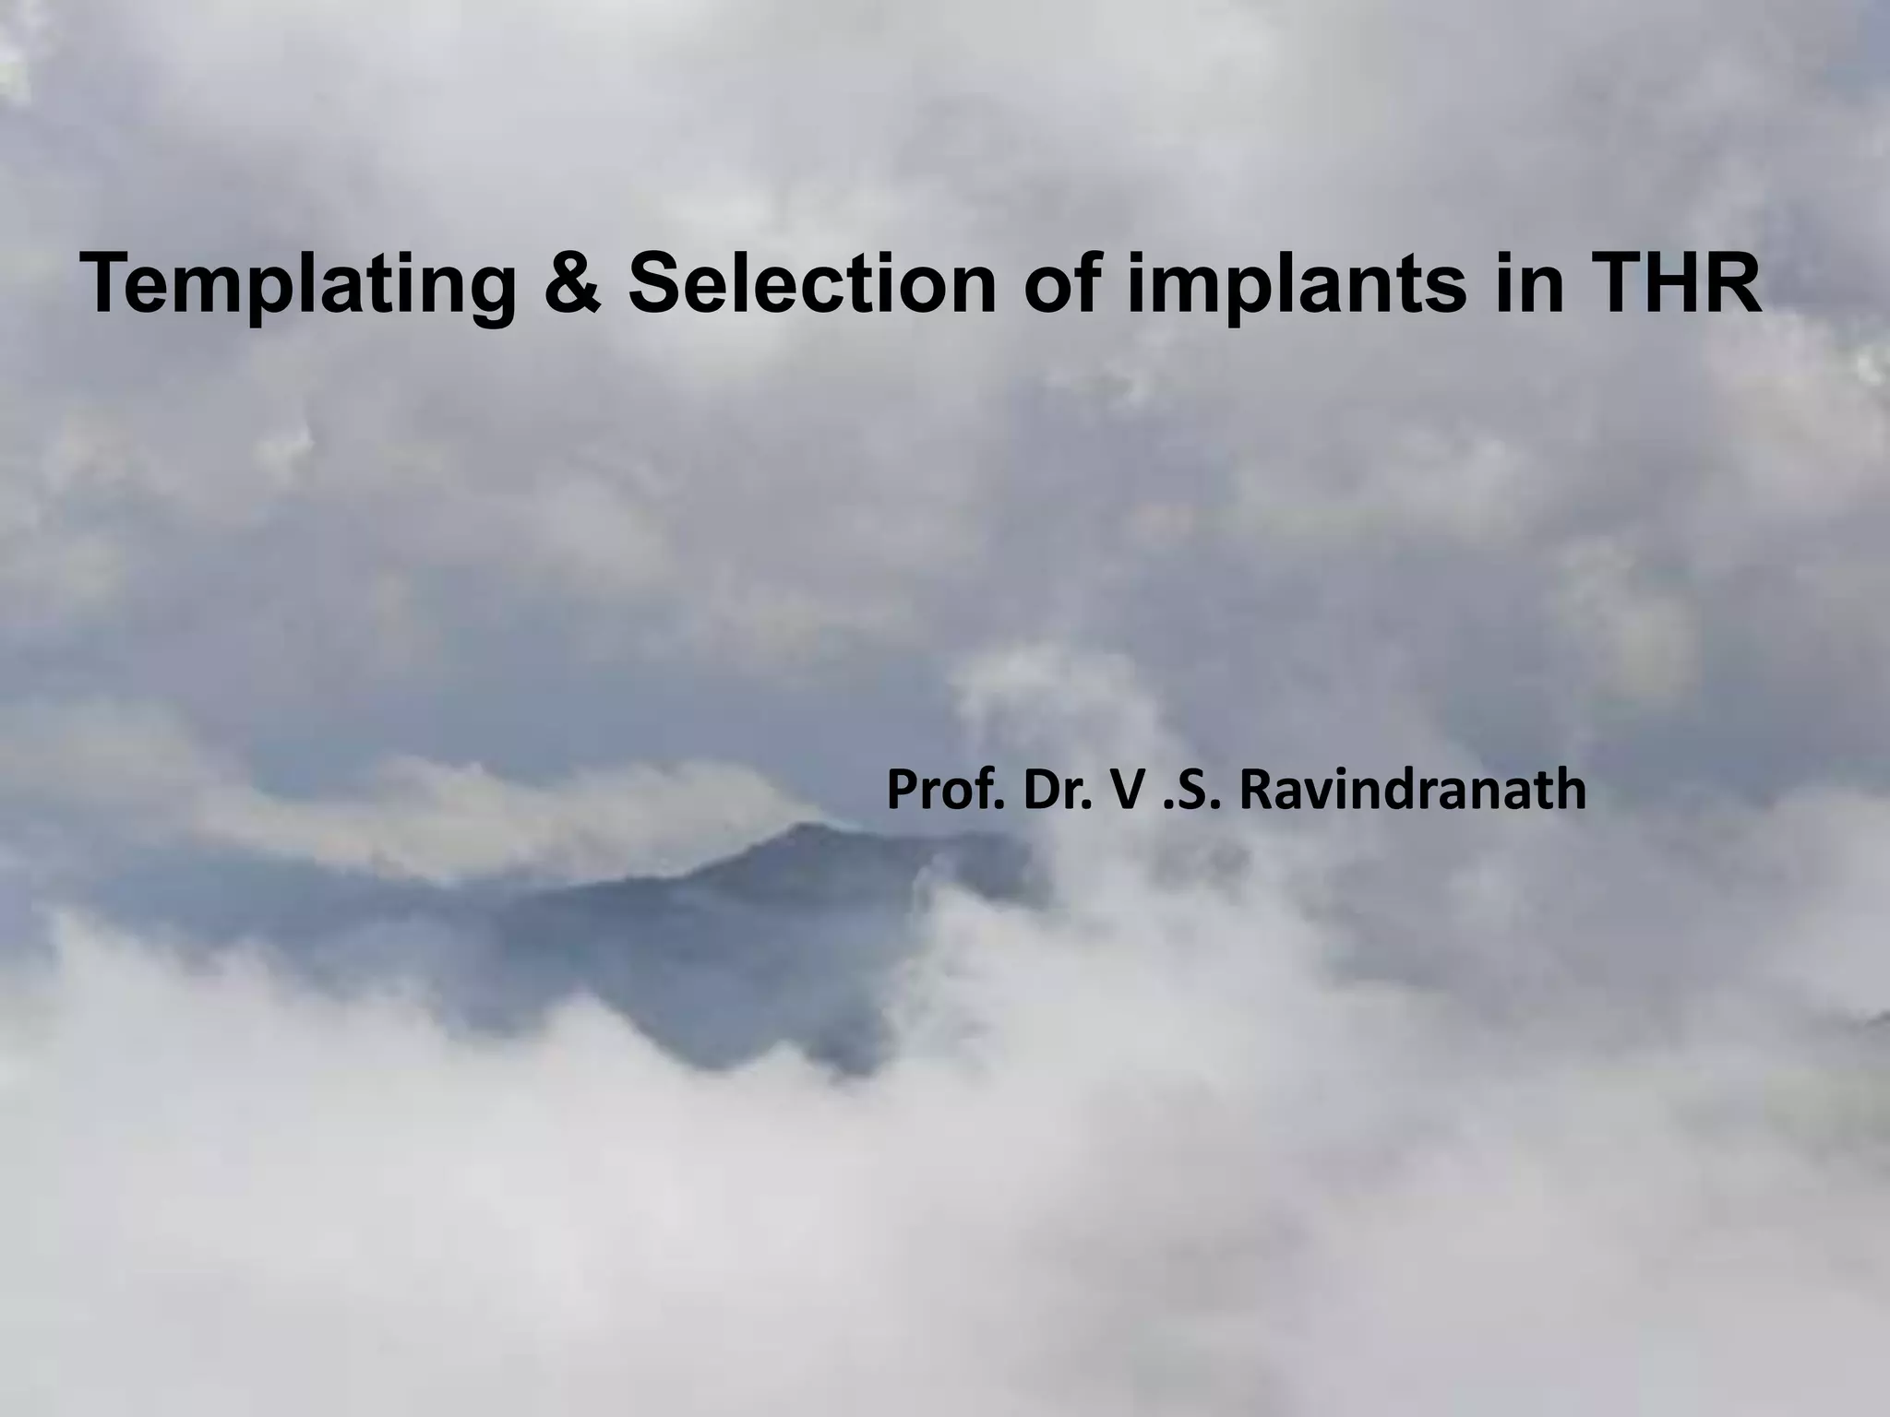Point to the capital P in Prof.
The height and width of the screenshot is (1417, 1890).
pyautogui.click(x=901, y=792)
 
